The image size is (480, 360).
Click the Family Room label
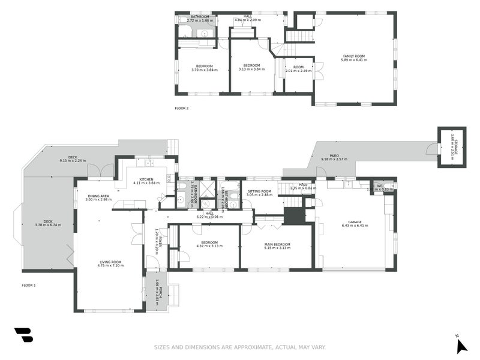pyautogui.click(x=353, y=56)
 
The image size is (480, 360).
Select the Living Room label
pyautogui.click(x=110, y=262)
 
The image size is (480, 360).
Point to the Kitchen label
pyautogui.click(x=147, y=179)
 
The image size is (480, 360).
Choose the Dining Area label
pyautogui.click(x=98, y=196)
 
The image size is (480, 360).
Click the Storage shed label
pyautogui.click(x=454, y=146)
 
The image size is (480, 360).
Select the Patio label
pyautogui.click(x=334, y=155)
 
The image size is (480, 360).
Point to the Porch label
pyautogui.click(x=157, y=292)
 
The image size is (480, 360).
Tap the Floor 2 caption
pyautogui.click(x=182, y=109)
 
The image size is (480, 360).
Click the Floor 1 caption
pyautogui.click(x=28, y=285)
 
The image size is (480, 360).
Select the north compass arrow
pyautogui.click(x=460, y=345)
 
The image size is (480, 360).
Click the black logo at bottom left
pyautogui.click(x=23, y=335)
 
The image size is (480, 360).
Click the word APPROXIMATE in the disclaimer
pyautogui.click(x=248, y=347)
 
